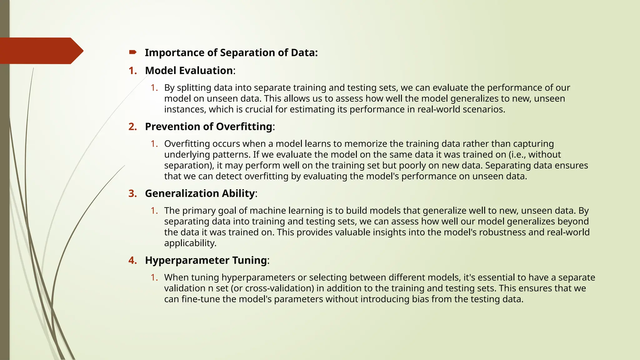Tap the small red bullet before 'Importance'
click(x=132, y=52)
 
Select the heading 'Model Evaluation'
click(x=189, y=71)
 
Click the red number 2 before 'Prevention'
click(x=132, y=127)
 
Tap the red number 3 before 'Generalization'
click(x=132, y=193)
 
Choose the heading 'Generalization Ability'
click(x=200, y=193)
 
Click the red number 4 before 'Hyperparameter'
click(x=132, y=260)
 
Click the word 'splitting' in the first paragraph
click(x=194, y=88)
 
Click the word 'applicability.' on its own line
click(x=190, y=243)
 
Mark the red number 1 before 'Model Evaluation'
click(x=132, y=71)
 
